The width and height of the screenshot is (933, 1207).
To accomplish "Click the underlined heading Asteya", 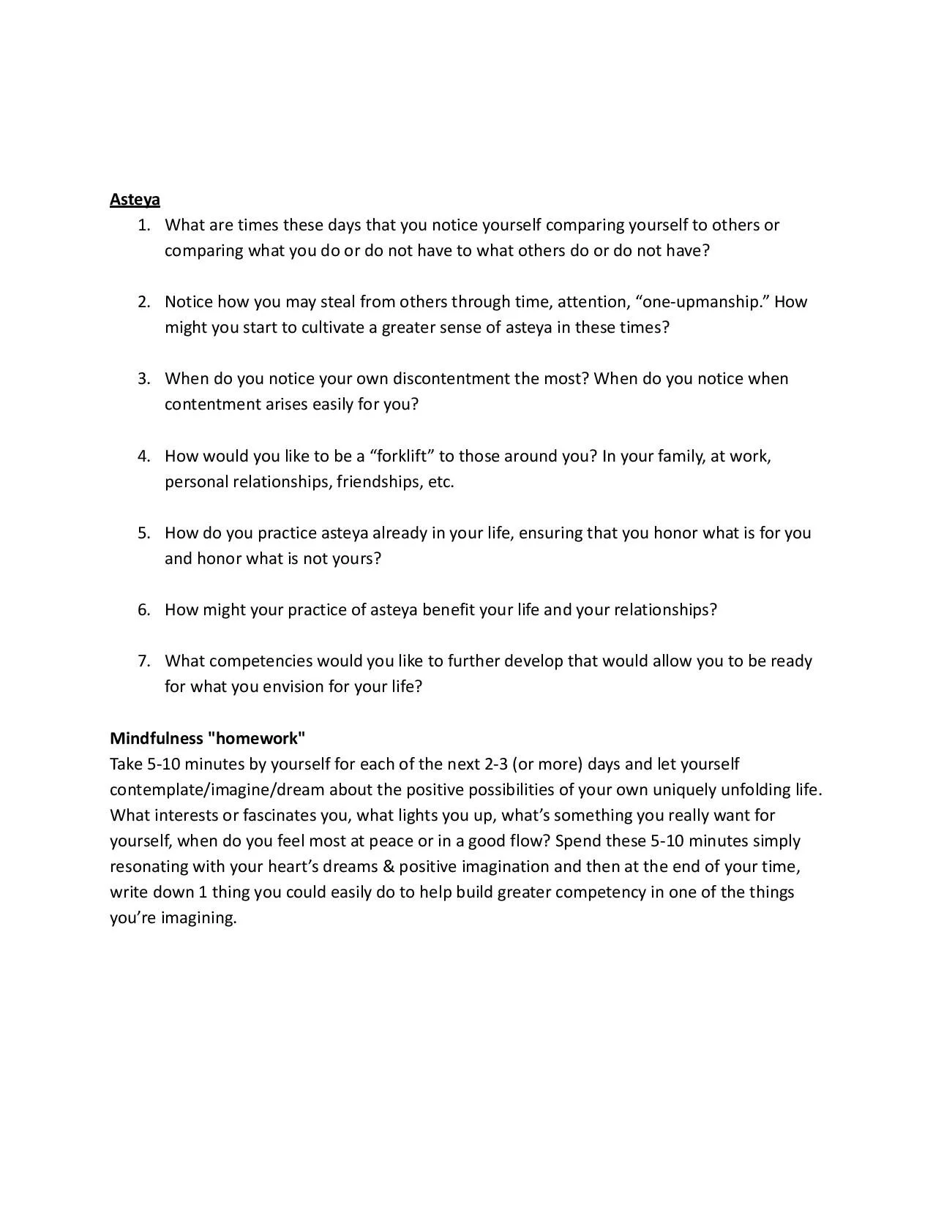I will [135, 199].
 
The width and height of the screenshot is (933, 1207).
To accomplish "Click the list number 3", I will [143, 379].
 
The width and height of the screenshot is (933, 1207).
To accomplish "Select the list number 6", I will [143, 610].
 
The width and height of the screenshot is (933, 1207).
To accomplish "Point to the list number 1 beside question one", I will [143, 225].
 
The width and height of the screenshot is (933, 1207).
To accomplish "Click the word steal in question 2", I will [337, 302].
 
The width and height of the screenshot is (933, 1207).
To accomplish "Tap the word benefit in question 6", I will [449, 610].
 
